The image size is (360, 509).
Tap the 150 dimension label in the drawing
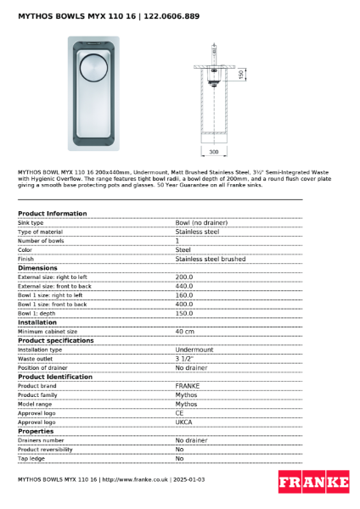tap(241, 75)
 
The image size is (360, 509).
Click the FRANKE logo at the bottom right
tap(313, 482)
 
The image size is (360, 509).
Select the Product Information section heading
tap(52, 214)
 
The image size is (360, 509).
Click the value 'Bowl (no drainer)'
tap(201, 222)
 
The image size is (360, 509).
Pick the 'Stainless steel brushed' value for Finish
tap(210, 259)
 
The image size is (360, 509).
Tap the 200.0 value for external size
tap(184, 277)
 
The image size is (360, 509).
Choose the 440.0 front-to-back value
tap(184, 286)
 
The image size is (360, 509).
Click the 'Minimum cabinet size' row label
tap(48, 331)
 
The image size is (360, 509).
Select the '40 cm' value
tap(185, 331)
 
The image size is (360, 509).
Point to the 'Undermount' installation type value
tap(194, 350)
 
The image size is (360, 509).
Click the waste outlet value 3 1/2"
tap(185, 359)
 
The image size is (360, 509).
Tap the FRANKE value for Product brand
tap(188, 385)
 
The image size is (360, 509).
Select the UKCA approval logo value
tap(184, 422)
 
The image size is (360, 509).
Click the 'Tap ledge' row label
tap(31, 458)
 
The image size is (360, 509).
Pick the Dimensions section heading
tap(38, 268)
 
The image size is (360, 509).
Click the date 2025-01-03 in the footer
tap(188, 479)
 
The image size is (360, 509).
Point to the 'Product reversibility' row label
tap(45, 449)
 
